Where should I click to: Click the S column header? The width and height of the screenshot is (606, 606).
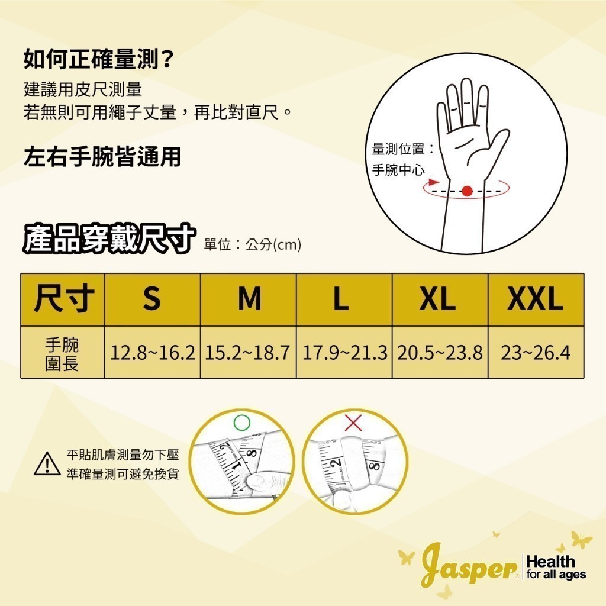152,299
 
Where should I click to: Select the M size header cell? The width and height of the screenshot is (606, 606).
248,299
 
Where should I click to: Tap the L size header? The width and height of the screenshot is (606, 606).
344,299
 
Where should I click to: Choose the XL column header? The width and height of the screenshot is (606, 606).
440,299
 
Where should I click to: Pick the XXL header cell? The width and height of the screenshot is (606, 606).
536,299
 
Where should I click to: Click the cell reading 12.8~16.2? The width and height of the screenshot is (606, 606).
152,353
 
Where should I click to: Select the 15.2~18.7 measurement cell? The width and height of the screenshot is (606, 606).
248,353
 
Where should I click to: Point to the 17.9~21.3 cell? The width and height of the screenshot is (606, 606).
344,353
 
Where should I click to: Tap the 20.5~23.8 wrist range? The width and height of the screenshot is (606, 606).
440,353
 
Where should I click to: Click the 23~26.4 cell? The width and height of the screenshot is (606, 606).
536,353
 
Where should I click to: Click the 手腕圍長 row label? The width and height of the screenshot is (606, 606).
62,354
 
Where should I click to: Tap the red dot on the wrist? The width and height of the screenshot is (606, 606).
468,191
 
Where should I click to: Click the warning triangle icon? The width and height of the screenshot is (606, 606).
47,464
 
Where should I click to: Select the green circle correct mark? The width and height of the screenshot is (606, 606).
242,423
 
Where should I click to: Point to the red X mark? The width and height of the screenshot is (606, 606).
353,423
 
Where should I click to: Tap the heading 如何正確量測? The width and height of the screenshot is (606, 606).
98,60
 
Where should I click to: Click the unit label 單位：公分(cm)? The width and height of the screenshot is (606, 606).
252,244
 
